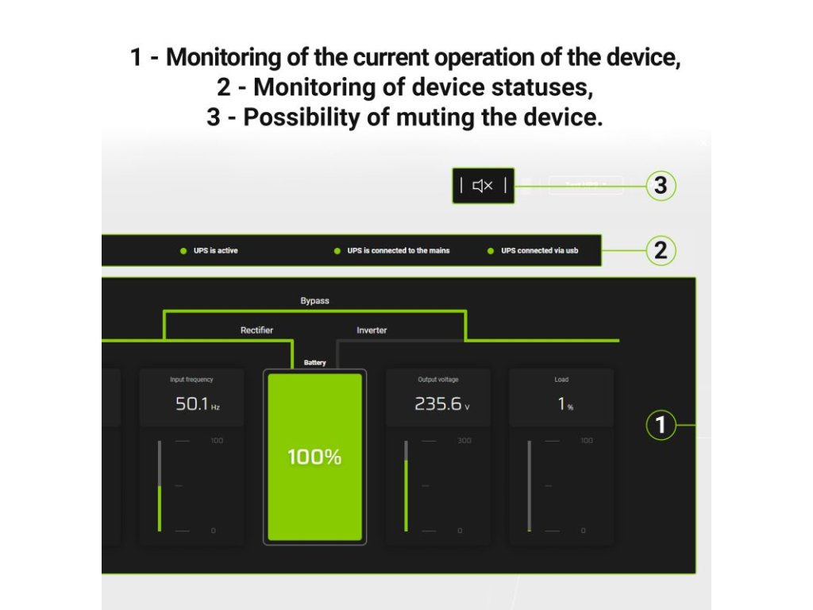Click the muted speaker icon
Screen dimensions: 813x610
[x=483, y=186]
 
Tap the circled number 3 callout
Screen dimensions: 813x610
[x=660, y=186]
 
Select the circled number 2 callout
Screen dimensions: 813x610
[x=660, y=251]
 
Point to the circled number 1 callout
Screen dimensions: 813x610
[x=660, y=426]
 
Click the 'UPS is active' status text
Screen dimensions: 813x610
[x=215, y=251]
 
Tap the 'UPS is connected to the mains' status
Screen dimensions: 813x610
[x=398, y=251]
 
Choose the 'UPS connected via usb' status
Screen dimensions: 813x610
[x=539, y=251]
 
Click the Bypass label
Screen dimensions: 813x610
[x=314, y=301]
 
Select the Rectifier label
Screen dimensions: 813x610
[x=256, y=330]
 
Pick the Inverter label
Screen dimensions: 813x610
[x=372, y=330]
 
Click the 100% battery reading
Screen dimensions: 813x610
[x=314, y=457]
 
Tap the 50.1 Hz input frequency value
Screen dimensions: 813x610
[x=192, y=404]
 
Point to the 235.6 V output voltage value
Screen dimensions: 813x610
[x=438, y=404]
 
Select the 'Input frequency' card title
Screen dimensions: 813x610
[x=191, y=380]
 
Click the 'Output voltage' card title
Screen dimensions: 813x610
[x=438, y=380]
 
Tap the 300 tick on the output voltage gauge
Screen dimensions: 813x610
[x=464, y=441]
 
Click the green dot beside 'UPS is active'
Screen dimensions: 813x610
[x=183, y=251]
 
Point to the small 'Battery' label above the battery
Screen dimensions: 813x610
[x=314, y=363]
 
